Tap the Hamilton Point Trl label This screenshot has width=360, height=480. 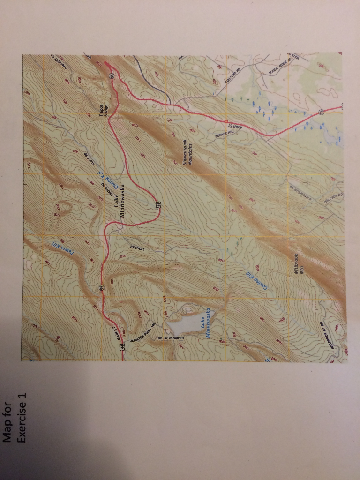point(142,334)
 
